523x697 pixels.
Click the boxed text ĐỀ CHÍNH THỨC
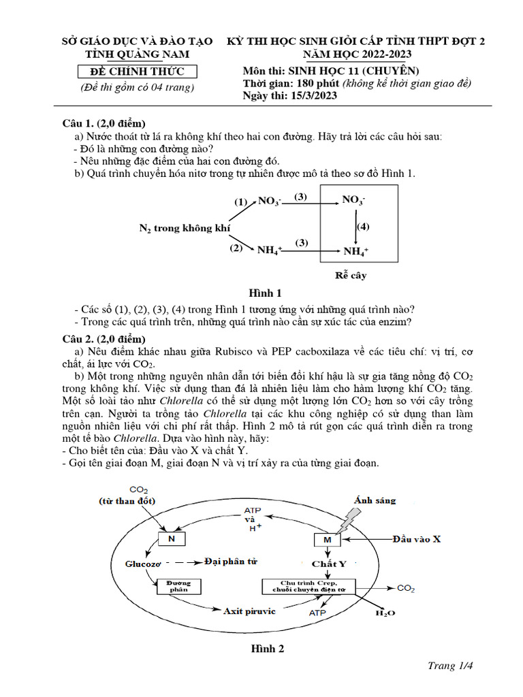pos(134,72)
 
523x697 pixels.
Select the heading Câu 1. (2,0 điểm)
pos(104,124)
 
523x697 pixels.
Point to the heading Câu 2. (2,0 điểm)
pos(104,339)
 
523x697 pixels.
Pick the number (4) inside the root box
pos(363,225)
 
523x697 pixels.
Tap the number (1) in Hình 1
pos(241,202)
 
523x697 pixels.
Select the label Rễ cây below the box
pos(351,276)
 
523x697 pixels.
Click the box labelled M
pos(327,540)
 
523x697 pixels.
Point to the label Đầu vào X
pos(416,539)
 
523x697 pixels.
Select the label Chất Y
pos(329,564)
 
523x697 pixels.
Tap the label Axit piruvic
pos(249,611)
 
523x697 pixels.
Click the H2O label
pos(385,613)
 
